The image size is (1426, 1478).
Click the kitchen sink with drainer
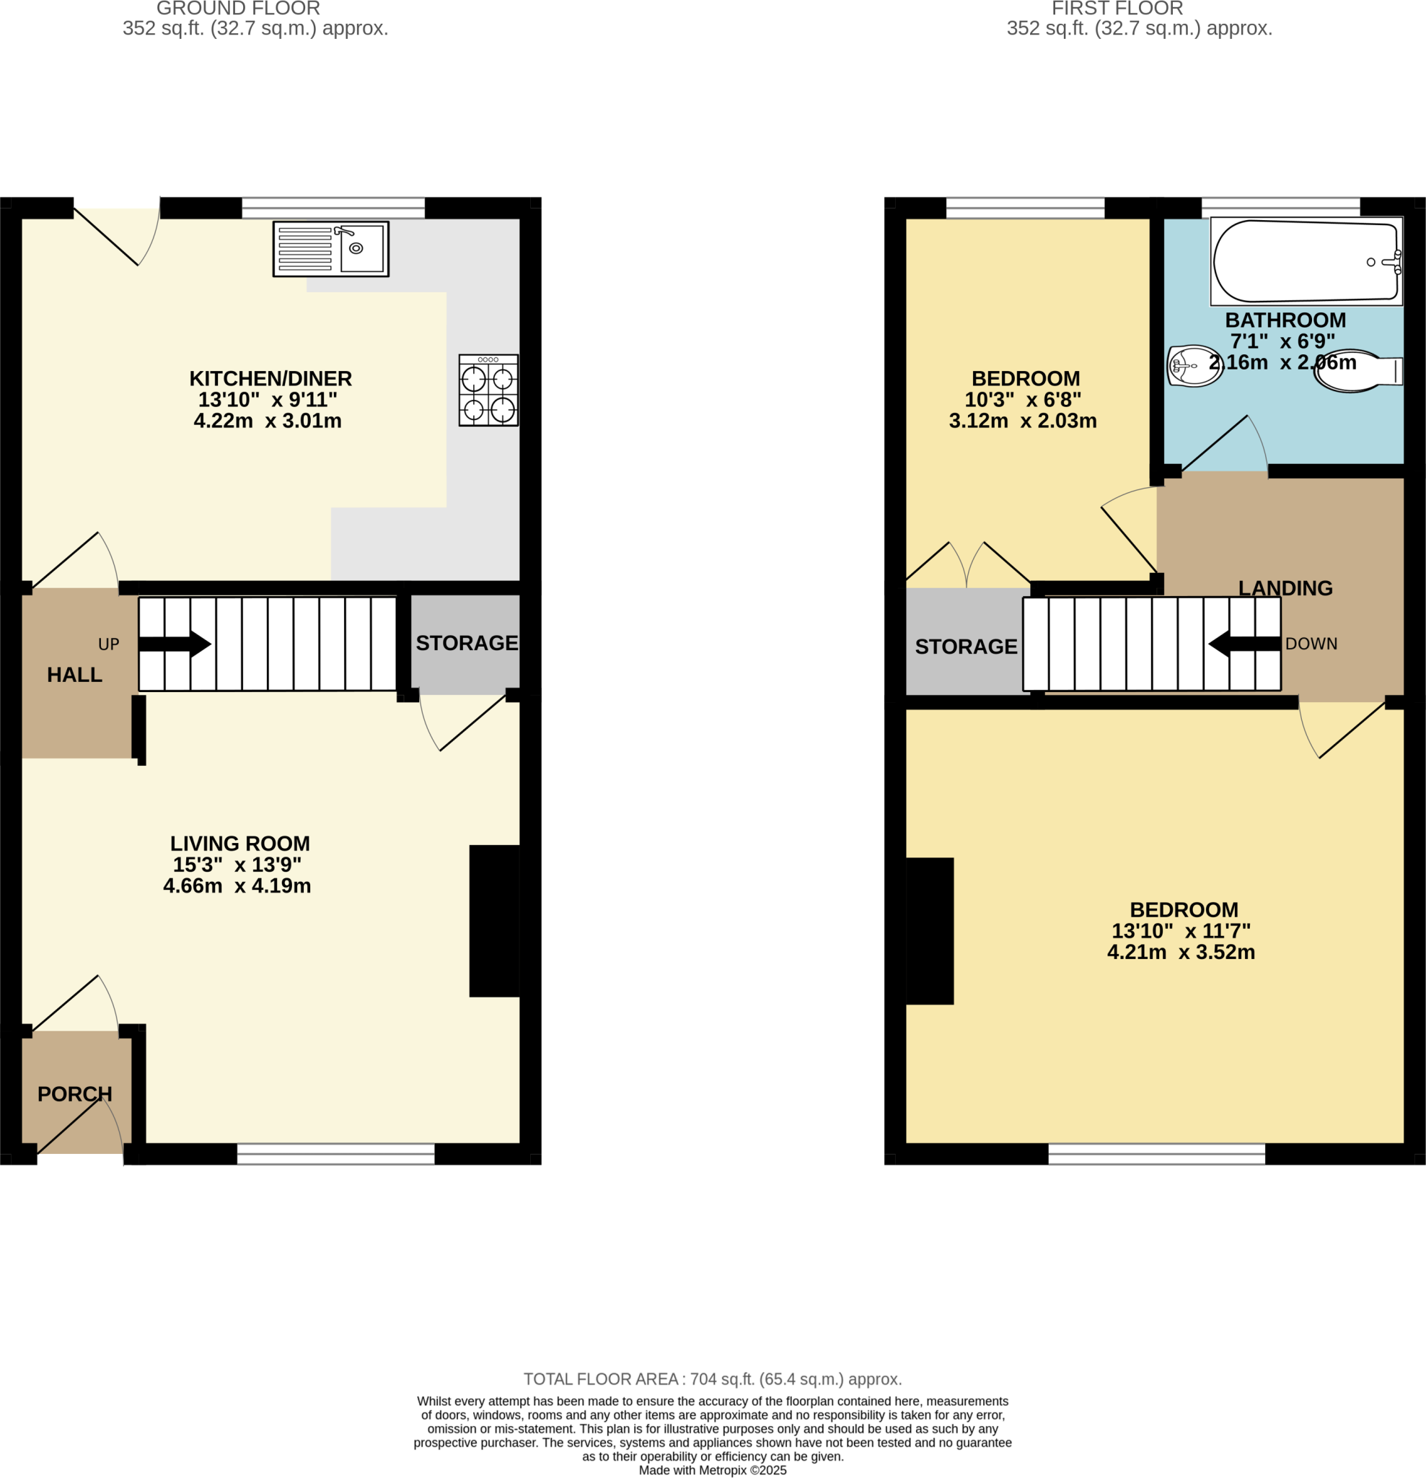(x=330, y=249)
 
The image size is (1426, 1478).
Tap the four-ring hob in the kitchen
(x=488, y=390)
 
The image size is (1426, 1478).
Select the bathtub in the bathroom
(x=1306, y=261)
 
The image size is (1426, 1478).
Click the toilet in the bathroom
(x=1357, y=371)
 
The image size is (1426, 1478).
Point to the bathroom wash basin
(x=1194, y=366)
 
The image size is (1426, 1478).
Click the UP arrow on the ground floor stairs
(x=174, y=644)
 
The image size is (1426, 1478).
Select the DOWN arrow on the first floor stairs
(x=1244, y=644)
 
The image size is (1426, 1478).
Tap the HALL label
(x=74, y=675)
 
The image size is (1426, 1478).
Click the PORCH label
(x=74, y=1093)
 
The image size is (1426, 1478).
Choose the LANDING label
(x=1285, y=588)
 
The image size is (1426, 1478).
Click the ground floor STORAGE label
(x=467, y=643)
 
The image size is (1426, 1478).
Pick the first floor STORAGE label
(x=966, y=647)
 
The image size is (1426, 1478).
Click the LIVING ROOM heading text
(x=239, y=843)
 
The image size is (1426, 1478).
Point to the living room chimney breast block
(x=494, y=921)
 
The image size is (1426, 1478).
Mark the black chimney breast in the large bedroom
(x=929, y=930)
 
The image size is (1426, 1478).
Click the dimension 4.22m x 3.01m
(x=268, y=421)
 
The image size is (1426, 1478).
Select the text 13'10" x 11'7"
(x=1180, y=930)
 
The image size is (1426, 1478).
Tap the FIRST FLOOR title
(x=1117, y=9)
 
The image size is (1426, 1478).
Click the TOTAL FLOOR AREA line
(x=712, y=1379)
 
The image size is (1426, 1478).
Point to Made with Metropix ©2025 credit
(x=712, y=1471)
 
